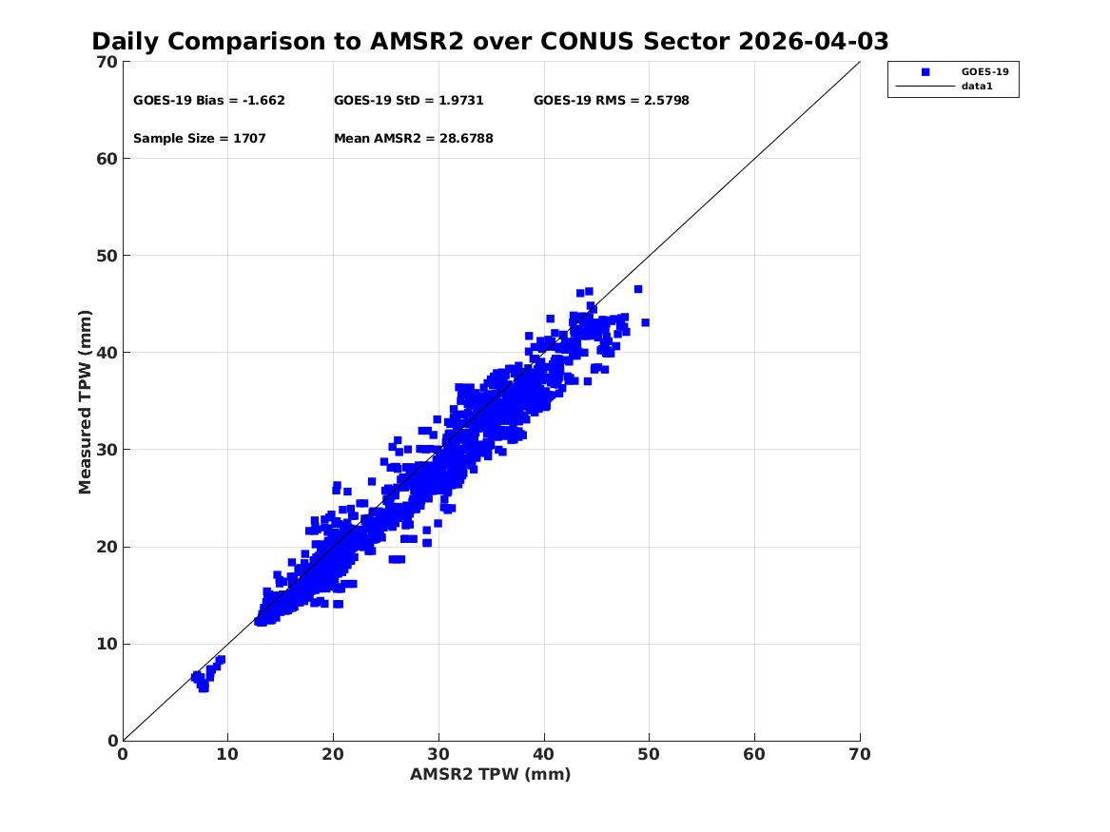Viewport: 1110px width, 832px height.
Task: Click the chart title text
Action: (490, 42)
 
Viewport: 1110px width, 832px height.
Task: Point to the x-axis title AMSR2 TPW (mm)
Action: (490, 774)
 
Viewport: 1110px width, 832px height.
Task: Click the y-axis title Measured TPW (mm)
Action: (85, 402)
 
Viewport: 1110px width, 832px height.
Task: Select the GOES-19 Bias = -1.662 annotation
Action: (209, 101)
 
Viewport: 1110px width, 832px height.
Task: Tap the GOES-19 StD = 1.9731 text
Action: (408, 101)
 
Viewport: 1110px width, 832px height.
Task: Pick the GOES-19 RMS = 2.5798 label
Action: (611, 101)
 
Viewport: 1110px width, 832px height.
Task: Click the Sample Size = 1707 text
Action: (200, 139)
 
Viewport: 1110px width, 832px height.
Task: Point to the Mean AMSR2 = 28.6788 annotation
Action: (414, 139)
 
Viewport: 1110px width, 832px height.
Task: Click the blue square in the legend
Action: (925, 71)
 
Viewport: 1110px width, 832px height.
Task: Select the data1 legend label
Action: (977, 87)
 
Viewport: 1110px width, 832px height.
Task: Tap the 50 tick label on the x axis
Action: (649, 754)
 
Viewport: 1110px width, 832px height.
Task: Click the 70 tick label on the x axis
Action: (860, 754)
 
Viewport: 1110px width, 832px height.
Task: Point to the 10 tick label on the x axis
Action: (227, 754)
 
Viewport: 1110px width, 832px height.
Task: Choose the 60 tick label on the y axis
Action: (107, 159)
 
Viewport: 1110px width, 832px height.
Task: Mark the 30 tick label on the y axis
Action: (107, 450)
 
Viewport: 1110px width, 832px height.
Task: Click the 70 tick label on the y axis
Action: (107, 62)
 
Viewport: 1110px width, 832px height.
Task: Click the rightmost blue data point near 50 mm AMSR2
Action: (645, 322)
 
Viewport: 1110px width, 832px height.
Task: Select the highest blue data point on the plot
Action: (638, 289)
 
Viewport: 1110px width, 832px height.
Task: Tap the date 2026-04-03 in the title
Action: (813, 42)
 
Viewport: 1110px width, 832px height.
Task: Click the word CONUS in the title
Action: (588, 42)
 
